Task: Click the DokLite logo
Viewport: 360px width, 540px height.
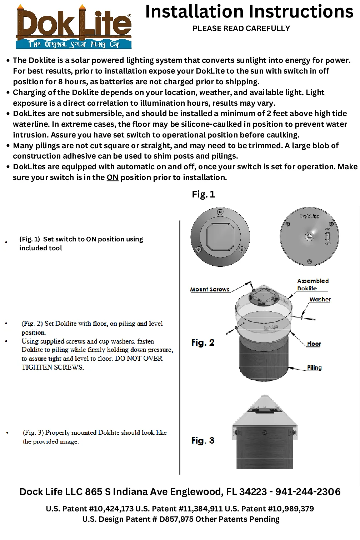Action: [x=74, y=27]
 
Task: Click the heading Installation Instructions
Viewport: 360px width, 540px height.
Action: [x=249, y=12]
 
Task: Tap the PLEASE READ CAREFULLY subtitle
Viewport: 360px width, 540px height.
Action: [x=241, y=29]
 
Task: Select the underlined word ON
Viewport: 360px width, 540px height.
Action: [x=112, y=177]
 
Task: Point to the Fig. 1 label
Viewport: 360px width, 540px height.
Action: [x=203, y=194]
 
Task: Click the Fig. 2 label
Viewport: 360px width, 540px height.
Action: [x=203, y=343]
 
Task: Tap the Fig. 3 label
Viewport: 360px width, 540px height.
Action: [x=203, y=441]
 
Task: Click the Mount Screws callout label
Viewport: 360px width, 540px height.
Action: [x=210, y=290]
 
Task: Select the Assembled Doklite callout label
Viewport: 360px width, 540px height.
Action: [x=312, y=285]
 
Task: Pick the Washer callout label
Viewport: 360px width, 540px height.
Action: [x=320, y=300]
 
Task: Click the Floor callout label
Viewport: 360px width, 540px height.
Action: [x=314, y=344]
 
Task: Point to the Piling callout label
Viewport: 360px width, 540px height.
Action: [x=314, y=368]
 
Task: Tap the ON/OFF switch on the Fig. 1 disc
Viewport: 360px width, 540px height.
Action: [x=327, y=236]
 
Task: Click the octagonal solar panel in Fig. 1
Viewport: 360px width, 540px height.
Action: [x=220, y=237]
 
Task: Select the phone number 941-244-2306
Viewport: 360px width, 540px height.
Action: [x=308, y=492]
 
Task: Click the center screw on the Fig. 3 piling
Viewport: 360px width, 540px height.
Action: [x=265, y=432]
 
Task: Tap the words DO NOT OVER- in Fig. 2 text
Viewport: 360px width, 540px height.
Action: [x=140, y=359]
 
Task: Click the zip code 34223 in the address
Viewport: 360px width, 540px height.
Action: [x=253, y=492]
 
